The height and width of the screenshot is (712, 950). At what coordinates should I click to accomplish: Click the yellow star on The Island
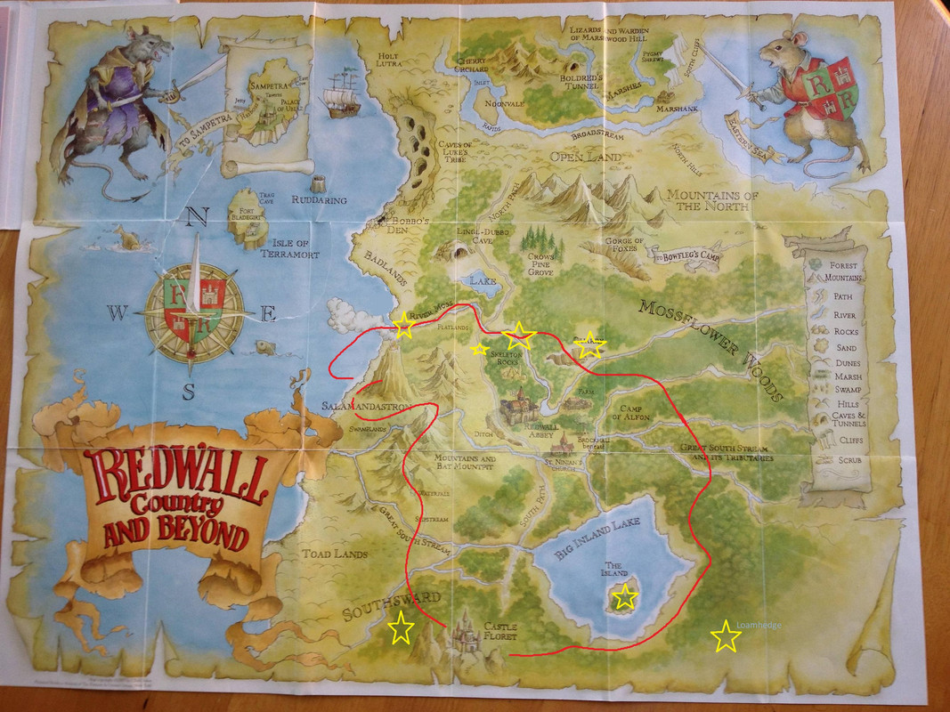626,596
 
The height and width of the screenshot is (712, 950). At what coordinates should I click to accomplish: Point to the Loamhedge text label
760,626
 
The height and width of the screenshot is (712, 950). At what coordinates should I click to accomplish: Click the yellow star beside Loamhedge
726,636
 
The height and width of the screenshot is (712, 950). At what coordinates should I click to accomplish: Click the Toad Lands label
334,554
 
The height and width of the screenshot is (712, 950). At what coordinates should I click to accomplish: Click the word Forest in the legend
849,265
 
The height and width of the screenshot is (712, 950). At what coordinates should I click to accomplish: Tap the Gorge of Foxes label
623,246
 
